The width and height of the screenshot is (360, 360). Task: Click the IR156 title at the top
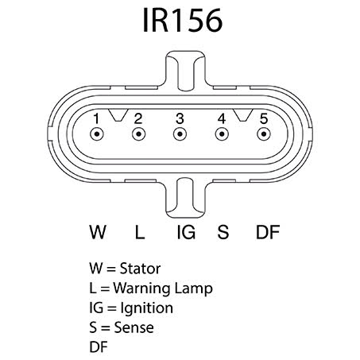click(x=182, y=20)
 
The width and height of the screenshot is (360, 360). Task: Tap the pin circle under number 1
click(x=97, y=134)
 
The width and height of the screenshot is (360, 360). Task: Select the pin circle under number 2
click(x=138, y=134)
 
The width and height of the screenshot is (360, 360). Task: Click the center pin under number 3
click(x=180, y=134)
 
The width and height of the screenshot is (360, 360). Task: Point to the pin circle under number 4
click(x=222, y=134)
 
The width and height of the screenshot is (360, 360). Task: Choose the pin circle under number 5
click(x=264, y=134)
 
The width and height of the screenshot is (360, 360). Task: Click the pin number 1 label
click(x=96, y=118)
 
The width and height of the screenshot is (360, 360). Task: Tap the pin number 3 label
click(x=180, y=118)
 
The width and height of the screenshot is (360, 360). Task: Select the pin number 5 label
click(x=264, y=118)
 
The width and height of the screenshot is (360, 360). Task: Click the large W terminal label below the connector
click(x=98, y=232)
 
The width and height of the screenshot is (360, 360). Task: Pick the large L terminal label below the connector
click(x=140, y=232)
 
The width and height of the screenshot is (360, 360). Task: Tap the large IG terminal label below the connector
click(x=186, y=232)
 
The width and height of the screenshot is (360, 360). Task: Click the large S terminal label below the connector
click(x=223, y=232)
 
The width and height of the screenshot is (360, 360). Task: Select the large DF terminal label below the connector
click(x=268, y=232)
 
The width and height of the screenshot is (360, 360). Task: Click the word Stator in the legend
click(x=140, y=269)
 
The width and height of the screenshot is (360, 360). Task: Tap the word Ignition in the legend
click(x=147, y=308)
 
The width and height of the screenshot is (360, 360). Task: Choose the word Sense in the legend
click(x=134, y=327)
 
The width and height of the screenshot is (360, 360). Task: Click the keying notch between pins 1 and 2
click(x=118, y=115)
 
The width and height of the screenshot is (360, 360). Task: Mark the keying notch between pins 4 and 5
click(x=243, y=115)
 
